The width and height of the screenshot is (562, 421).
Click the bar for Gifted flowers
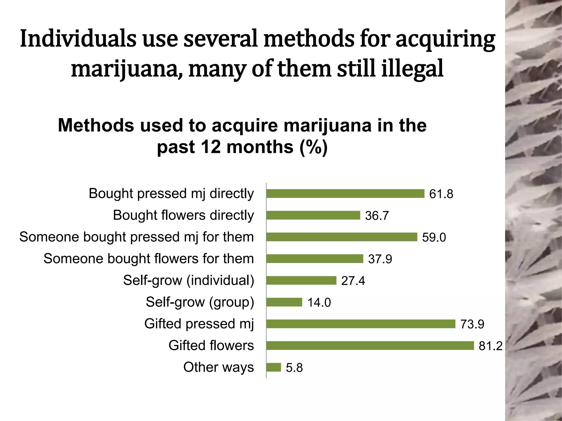pos(370,346)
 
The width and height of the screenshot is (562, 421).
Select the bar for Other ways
pos(274,367)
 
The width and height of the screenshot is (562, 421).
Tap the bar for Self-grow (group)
pos(284,302)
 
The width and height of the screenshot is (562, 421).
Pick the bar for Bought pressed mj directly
pos(345,194)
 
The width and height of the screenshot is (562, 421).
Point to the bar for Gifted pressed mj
pos(361,324)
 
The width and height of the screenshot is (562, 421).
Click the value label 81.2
pos(490,346)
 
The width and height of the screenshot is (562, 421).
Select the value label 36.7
pos(377,215)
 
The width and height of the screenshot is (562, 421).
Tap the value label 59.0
pos(434,237)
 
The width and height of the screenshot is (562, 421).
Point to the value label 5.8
pos(294,368)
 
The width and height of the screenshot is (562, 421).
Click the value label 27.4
pos(353,281)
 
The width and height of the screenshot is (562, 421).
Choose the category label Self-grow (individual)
pos(189,280)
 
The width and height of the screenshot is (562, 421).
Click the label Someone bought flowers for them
pos(148,258)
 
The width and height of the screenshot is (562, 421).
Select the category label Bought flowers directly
pos(183,215)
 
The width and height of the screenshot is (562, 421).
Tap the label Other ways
pos(218,367)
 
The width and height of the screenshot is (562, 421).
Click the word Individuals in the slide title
pos(78,39)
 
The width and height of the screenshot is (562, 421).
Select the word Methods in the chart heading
pos(96,126)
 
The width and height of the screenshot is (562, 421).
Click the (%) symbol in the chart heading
pos(313,147)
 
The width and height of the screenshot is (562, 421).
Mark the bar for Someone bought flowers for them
pos(314,259)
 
